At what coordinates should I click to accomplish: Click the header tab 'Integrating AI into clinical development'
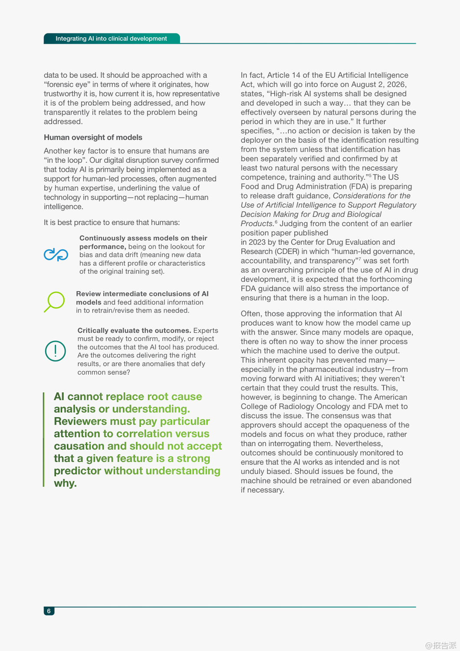pos(111,39)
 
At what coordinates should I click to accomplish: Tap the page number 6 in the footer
pos(49,611)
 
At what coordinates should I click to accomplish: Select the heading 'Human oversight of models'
pos(93,138)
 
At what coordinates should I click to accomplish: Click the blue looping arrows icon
pos(56,255)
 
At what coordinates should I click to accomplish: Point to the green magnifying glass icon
pos(55,302)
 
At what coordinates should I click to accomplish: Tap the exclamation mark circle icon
pos(55,351)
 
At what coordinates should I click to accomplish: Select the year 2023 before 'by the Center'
pos(257,242)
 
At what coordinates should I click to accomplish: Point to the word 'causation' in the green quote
pos(79,446)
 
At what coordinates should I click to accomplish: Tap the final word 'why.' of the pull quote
pos(65,483)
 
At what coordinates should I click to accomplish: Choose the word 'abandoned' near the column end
pos(394,481)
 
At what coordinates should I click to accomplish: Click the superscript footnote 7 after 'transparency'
pos(359,259)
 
